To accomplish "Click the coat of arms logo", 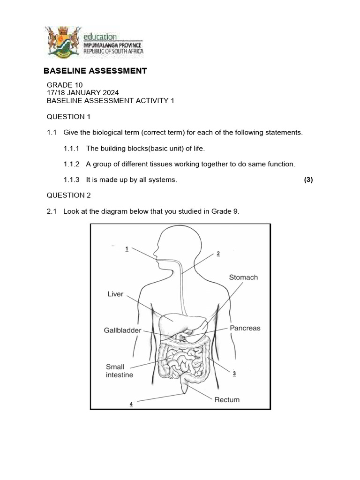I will tap(62, 42).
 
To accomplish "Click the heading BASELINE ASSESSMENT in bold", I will tap(95, 71).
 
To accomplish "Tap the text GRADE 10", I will tap(65, 85).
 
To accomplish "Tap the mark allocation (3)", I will tap(308, 180).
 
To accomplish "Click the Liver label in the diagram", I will tap(115, 294).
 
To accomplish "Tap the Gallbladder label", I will tap(122, 330).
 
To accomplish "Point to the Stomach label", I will tap(243, 277).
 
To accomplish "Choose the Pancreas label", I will tap(245, 328).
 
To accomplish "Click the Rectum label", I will tap(227, 400).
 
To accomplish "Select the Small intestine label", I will tap(119, 371).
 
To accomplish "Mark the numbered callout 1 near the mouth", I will tap(127, 248).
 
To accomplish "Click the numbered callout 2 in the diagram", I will tap(218, 254).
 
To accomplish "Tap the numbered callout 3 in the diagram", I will tap(234, 373).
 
